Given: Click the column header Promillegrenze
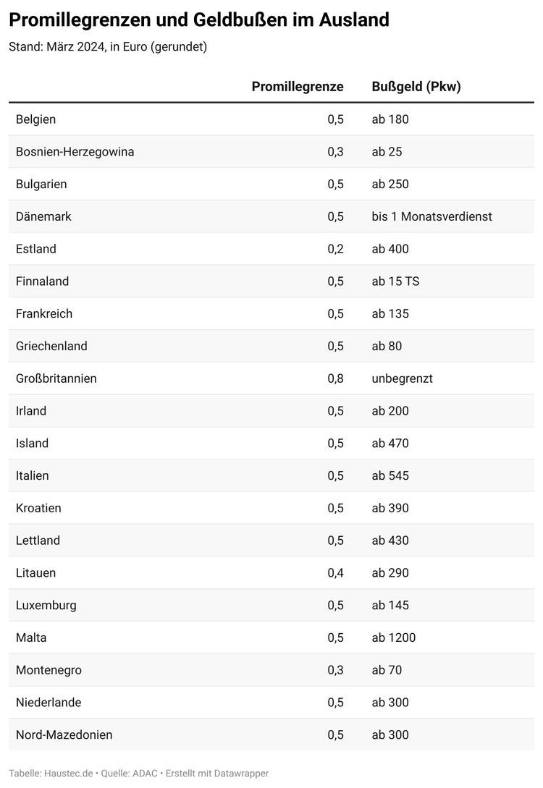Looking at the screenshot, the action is tap(298, 87).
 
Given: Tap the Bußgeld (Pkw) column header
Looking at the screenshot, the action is tap(416, 87).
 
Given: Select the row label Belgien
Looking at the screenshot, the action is tap(35, 119).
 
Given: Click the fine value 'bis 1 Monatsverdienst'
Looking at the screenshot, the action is tap(432, 216).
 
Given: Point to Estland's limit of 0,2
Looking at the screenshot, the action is tap(335, 249).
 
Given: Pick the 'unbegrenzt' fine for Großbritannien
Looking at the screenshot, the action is tap(403, 379).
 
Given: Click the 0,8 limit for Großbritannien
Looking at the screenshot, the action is tap(335, 379).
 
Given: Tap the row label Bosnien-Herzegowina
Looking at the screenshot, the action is tap(75, 152).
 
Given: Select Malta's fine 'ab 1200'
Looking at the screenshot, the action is tap(394, 637).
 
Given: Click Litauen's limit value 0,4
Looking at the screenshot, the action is tap(335, 573).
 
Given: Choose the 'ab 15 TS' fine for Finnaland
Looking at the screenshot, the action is tap(396, 281).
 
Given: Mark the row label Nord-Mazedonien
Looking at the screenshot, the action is tap(64, 734).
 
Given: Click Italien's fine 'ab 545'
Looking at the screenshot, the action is tap(390, 476).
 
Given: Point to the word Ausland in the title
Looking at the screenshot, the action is tap(355, 20).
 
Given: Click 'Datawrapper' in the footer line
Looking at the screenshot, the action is tap(241, 774).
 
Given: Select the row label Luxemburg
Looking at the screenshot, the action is tap(46, 606).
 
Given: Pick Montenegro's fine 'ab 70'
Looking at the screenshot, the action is tap(387, 670).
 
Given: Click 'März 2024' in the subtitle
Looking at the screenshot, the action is tap(76, 47).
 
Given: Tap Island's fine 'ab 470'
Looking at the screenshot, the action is tap(390, 444).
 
